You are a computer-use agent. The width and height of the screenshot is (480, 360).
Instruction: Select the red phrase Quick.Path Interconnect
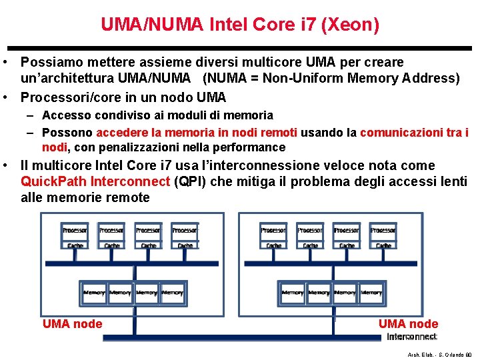click(95, 181)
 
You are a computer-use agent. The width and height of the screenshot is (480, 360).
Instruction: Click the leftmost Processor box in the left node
click(75, 231)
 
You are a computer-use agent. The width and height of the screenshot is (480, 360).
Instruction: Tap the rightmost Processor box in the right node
click(383, 231)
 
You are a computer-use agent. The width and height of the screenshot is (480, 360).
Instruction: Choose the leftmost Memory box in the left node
click(94, 293)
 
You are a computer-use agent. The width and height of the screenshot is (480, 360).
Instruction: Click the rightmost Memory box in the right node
click(371, 293)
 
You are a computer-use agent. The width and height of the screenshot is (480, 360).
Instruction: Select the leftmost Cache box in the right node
click(273, 245)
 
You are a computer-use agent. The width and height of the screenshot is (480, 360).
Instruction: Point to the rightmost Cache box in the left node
click(185, 245)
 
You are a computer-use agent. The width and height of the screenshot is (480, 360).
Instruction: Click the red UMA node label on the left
click(72, 324)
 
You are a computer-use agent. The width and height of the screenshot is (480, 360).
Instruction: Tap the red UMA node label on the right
click(408, 324)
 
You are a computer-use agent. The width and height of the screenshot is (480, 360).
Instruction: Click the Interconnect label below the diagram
click(412, 337)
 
